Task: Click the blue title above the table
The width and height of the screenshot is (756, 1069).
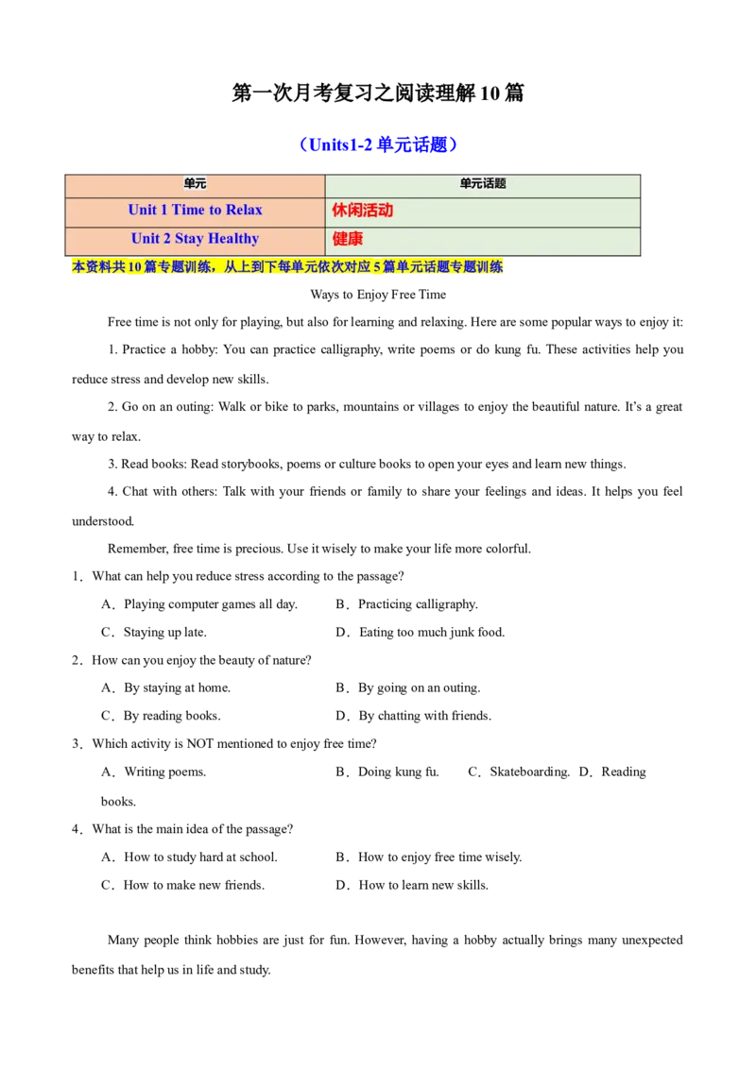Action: click(x=378, y=144)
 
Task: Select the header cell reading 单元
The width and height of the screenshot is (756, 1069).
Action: click(x=195, y=184)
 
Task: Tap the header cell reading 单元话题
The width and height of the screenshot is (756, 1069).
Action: click(x=483, y=184)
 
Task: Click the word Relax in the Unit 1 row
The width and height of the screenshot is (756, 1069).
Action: click(x=244, y=210)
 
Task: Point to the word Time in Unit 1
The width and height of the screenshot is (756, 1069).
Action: click(x=188, y=210)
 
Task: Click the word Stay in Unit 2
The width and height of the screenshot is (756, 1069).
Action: click(x=190, y=239)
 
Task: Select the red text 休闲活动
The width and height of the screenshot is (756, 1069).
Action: click(x=362, y=211)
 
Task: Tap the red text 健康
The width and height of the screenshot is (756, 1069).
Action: click(x=347, y=239)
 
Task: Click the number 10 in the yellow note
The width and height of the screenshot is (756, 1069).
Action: click(x=135, y=268)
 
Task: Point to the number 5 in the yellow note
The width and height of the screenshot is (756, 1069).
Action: click(x=376, y=268)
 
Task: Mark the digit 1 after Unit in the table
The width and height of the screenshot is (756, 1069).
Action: click(x=164, y=210)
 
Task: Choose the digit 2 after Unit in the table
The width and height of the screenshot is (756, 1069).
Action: click(x=167, y=239)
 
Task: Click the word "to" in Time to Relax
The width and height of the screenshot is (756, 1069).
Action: click(x=215, y=210)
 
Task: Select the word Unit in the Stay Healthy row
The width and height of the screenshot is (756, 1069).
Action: click(x=146, y=239)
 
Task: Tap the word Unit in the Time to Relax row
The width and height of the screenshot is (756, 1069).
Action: click(x=143, y=210)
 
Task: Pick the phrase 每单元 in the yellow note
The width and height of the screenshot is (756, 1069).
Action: click(x=298, y=268)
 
